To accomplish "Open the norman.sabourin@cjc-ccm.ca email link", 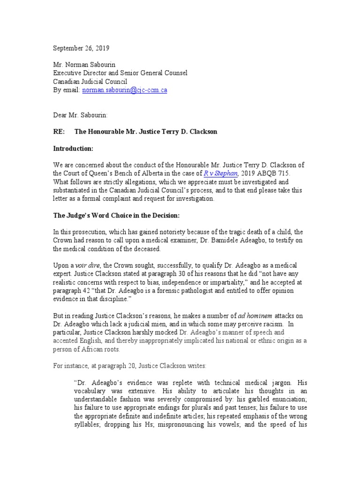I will coord(125,90).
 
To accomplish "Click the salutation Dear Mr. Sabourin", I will coord(80,115).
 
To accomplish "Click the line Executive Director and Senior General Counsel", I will coord(120,73).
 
